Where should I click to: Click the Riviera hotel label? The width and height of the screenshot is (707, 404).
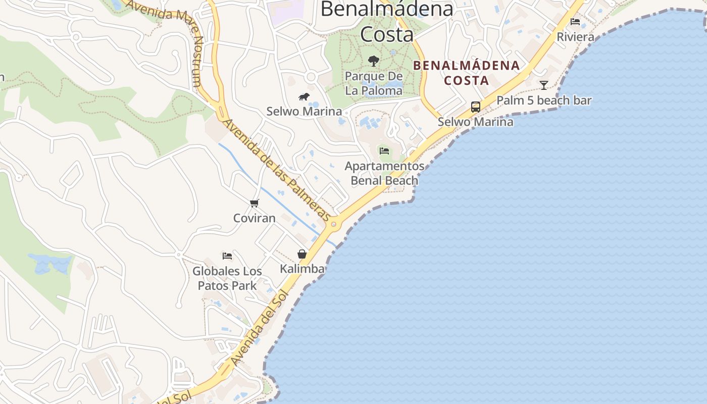click(x=575, y=37)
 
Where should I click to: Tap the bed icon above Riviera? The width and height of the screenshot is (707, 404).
click(x=575, y=22)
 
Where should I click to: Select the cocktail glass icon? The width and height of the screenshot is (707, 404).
click(x=544, y=85)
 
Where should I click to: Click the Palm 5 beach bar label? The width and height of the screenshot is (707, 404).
click(x=544, y=100)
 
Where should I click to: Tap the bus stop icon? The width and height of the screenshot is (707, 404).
click(x=476, y=107)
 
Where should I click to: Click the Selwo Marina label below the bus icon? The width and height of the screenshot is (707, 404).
click(x=475, y=122)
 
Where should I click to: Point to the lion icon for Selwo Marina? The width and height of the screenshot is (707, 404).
click(x=304, y=96)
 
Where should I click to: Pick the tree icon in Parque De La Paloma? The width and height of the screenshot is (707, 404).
click(x=374, y=61)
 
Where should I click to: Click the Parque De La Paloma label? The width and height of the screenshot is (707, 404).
click(x=374, y=83)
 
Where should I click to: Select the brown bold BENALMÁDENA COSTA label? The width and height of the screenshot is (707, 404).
click(x=467, y=72)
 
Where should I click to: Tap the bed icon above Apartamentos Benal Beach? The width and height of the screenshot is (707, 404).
click(x=384, y=150)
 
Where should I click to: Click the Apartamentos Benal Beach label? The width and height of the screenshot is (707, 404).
click(x=384, y=173)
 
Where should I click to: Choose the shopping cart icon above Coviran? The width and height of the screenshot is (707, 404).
click(x=255, y=203)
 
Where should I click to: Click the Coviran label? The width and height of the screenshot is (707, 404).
click(x=255, y=218)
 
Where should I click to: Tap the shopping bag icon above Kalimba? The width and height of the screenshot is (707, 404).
click(x=302, y=254)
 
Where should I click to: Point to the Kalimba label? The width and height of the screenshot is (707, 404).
click(x=302, y=269)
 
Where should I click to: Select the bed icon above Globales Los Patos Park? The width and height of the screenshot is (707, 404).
click(x=227, y=256)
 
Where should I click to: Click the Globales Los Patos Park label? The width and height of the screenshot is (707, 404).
click(x=227, y=278)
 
